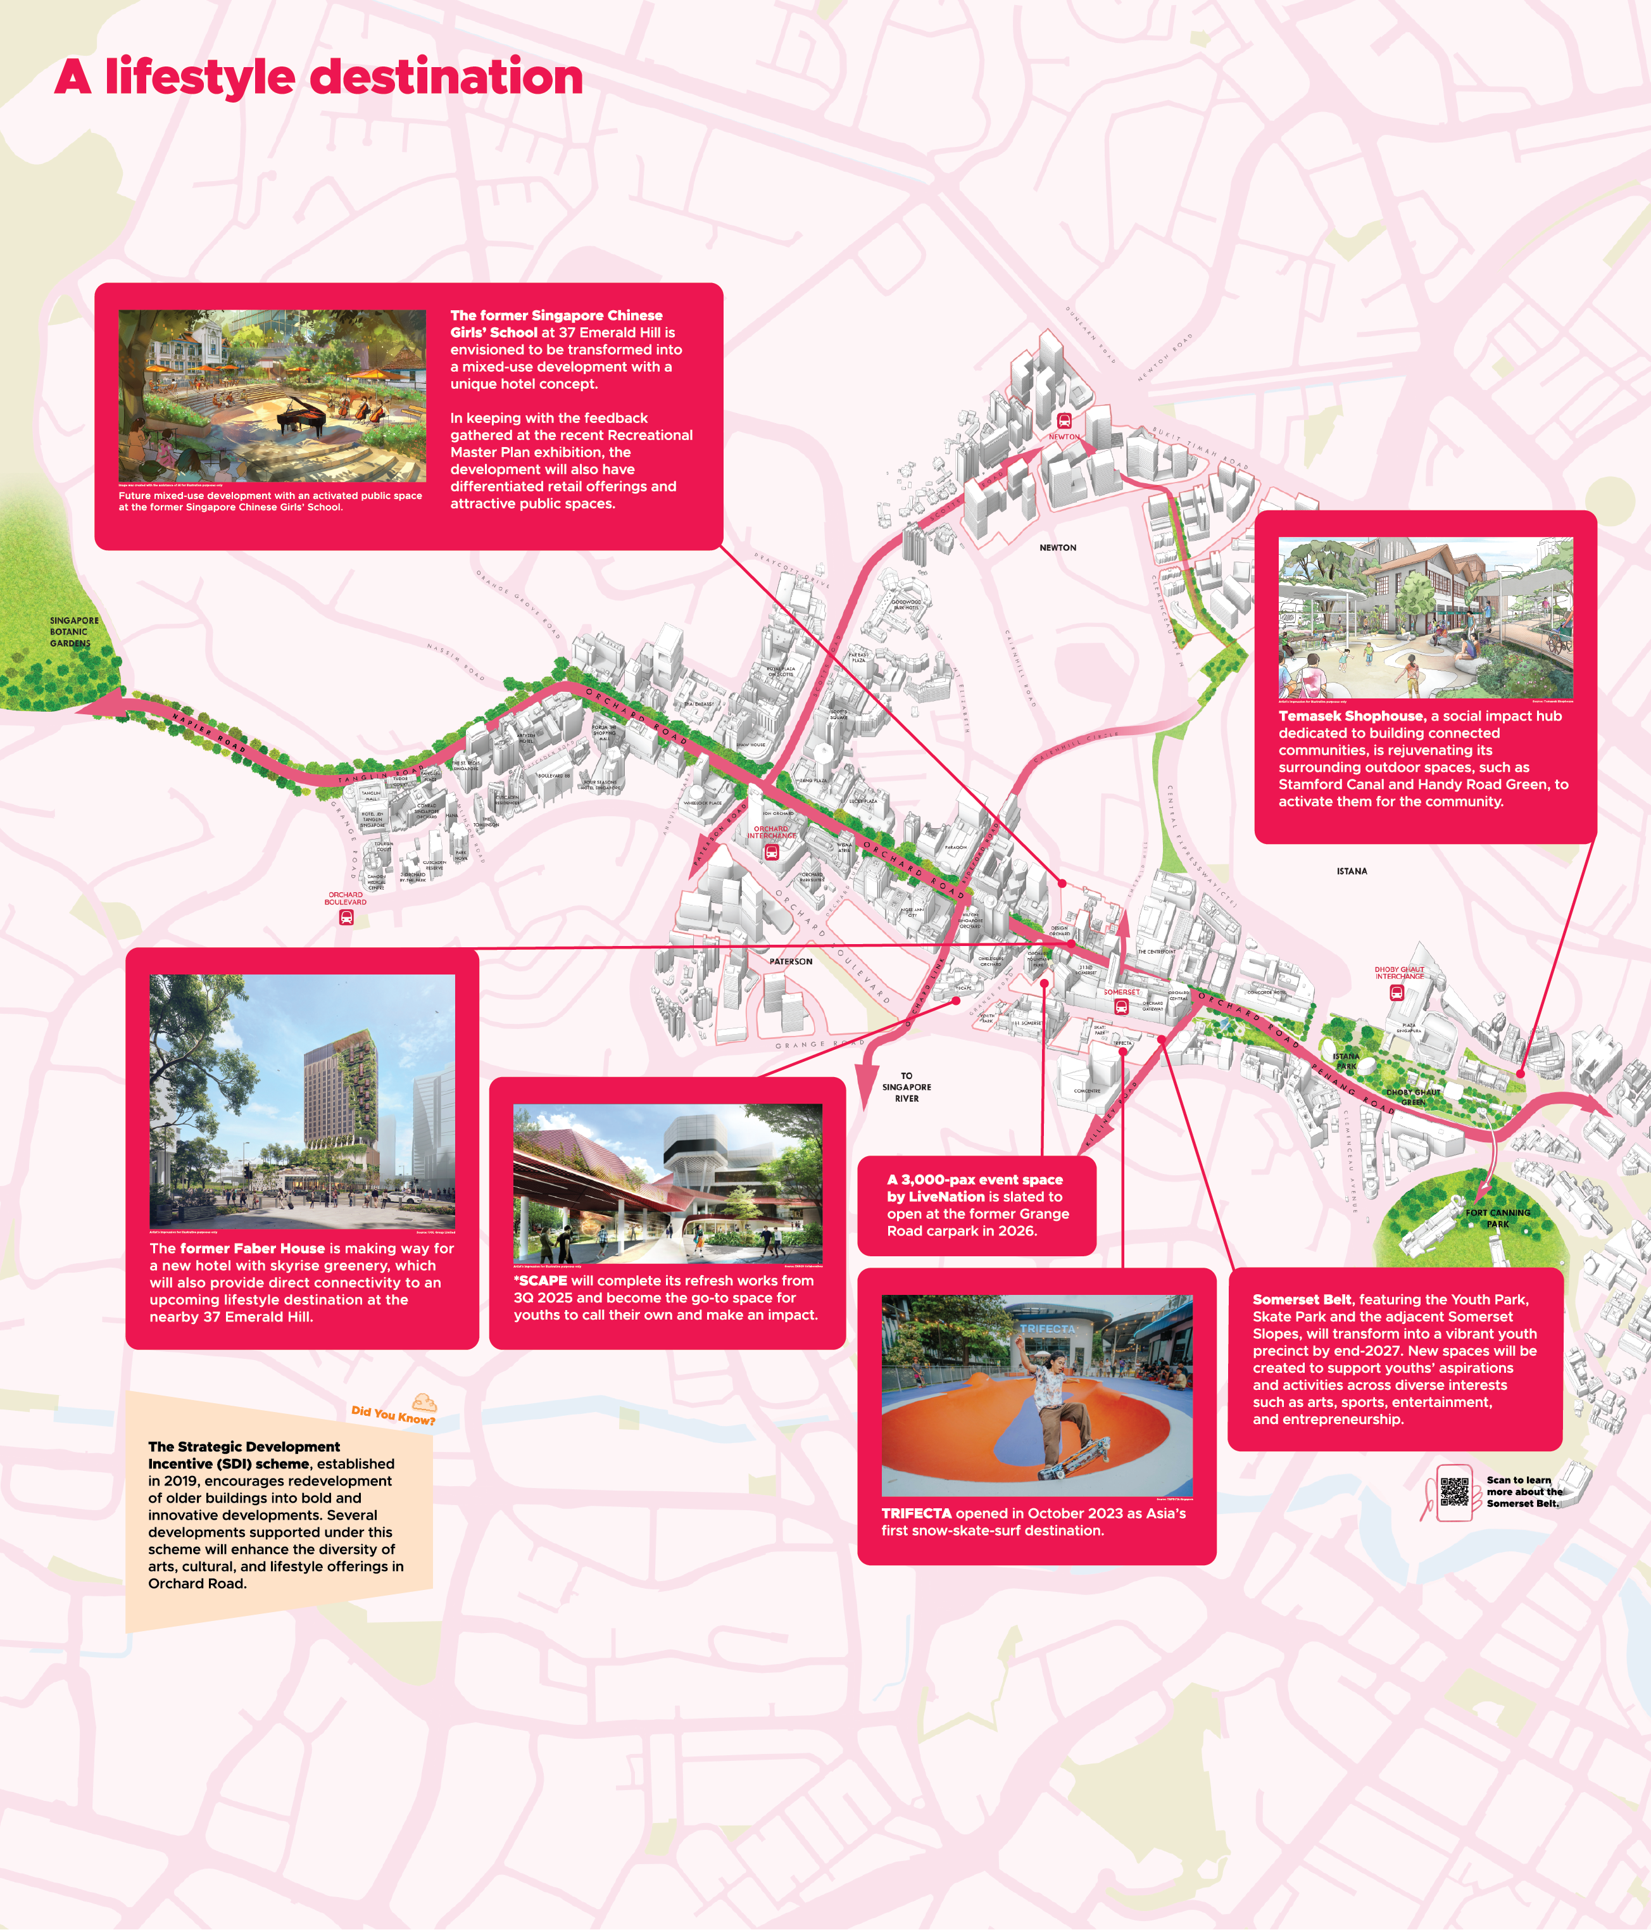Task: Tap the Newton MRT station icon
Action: (1064, 422)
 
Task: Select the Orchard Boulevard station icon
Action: (346, 918)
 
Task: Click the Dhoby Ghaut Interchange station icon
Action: (1397, 993)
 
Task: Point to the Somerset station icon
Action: (1121, 1006)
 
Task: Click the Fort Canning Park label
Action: (1497, 1218)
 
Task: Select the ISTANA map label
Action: (1351, 871)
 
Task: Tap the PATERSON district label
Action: (791, 961)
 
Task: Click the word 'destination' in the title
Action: (446, 77)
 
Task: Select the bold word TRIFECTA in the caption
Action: (916, 1513)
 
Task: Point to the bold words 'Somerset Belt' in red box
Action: (1301, 1299)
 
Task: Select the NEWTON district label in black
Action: (1058, 548)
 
